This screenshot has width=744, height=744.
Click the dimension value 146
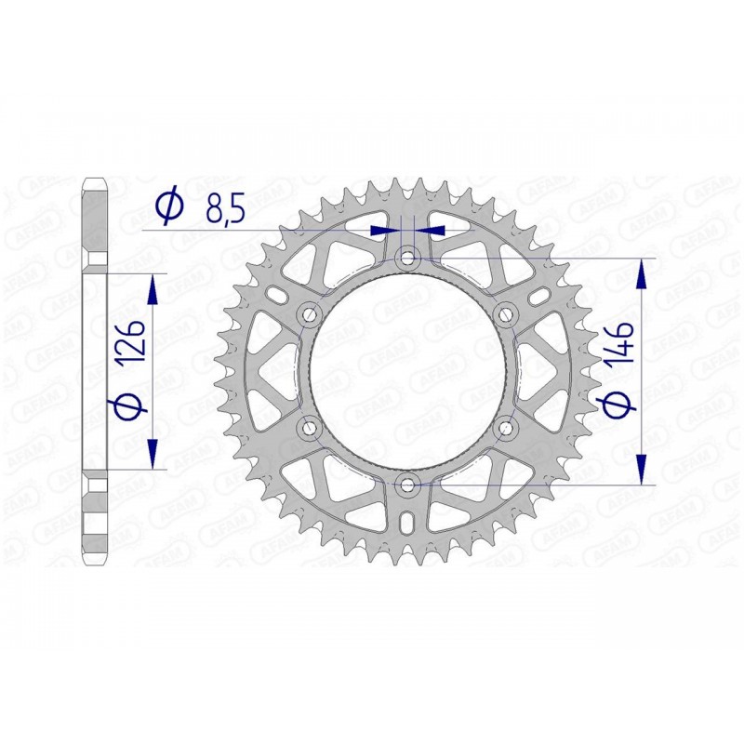tap(620, 341)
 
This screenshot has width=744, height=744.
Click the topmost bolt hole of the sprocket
tap(407, 257)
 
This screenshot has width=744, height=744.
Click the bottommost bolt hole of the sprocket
tap(407, 484)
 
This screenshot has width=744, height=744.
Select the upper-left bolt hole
tap(309, 313)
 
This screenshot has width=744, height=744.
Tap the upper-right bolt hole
tap(506, 313)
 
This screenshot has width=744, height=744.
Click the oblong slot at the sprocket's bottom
tap(407, 524)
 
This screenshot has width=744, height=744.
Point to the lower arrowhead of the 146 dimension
tap(642, 471)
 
